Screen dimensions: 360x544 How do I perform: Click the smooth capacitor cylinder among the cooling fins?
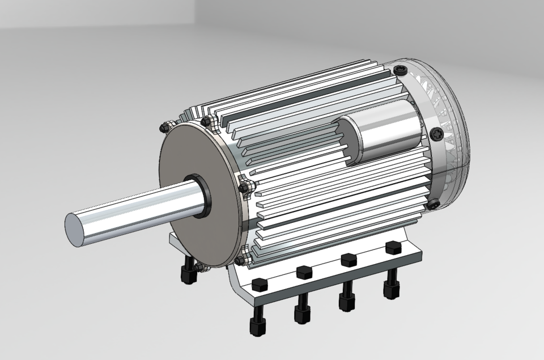click(385, 134)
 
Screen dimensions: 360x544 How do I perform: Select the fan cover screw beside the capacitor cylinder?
click(437, 134)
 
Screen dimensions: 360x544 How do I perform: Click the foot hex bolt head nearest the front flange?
click(260, 285)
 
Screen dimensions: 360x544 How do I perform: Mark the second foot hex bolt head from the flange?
click(305, 272)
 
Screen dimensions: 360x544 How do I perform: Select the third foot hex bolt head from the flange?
click(347, 260)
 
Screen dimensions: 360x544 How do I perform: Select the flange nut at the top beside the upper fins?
click(207, 121)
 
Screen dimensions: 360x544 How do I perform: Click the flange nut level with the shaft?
click(245, 187)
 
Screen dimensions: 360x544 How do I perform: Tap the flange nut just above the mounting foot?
click(241, 260)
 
